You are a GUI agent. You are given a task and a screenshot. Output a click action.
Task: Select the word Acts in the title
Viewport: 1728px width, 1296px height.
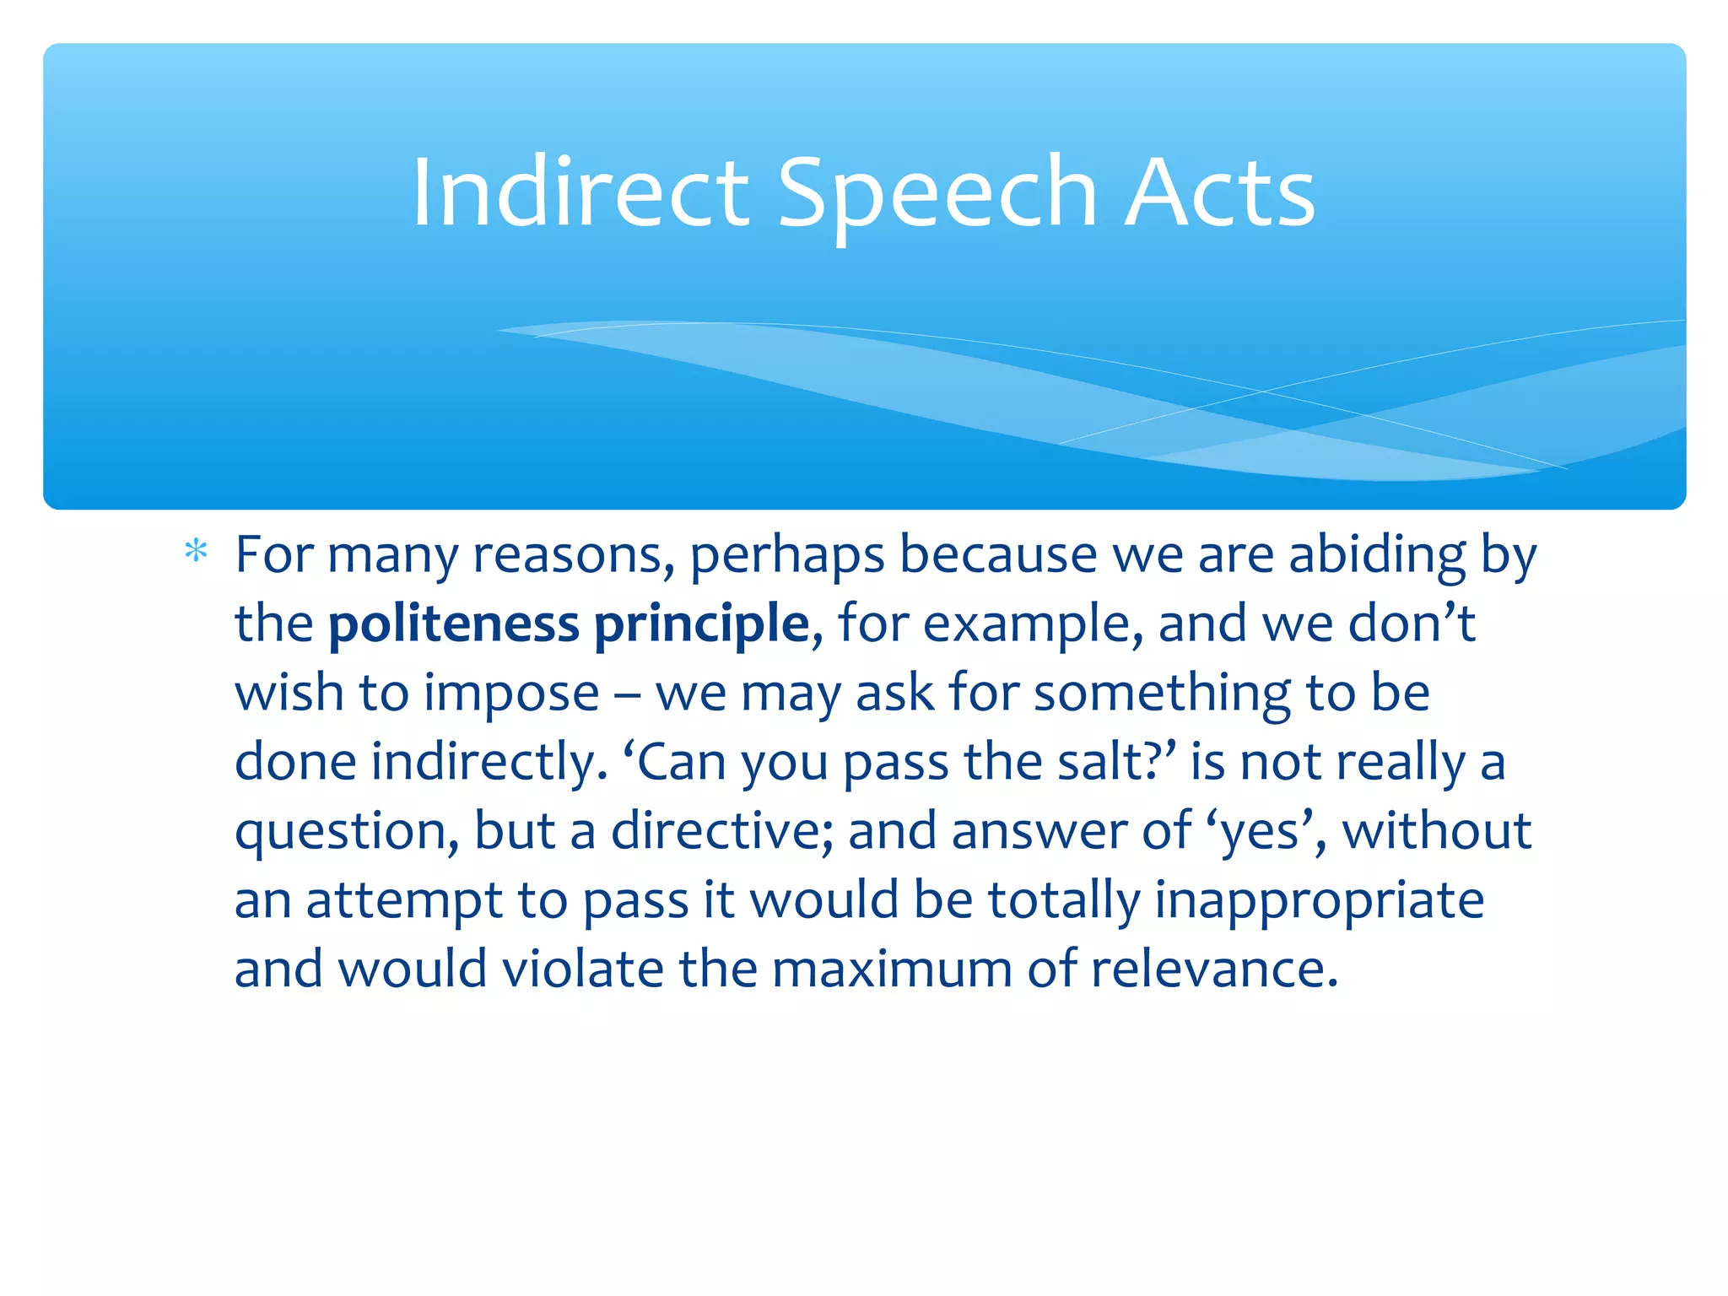[x=1219, y=193]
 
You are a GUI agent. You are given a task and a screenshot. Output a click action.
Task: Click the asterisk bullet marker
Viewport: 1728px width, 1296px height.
[x=196, y=553]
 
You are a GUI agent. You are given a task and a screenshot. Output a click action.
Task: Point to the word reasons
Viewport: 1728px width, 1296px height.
[x=573, y=556]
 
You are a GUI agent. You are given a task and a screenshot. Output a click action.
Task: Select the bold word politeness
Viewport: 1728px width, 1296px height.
[x=453, y=624]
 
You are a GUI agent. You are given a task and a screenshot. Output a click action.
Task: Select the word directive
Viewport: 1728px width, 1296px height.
[x=722, y=831]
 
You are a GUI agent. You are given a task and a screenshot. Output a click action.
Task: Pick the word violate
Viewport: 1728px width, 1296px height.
[x=582, y=969]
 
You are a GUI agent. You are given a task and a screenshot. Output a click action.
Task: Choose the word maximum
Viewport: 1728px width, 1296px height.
[x=891, y=970]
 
